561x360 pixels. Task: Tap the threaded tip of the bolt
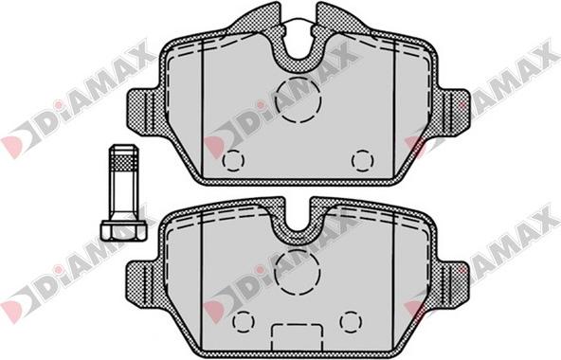[123, 157]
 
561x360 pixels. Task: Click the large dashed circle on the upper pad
[299, 99]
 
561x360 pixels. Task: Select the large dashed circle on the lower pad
[298, 272]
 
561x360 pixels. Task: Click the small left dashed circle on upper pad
[233, 160]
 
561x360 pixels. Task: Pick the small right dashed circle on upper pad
[362, 160]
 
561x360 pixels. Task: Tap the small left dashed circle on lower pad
[244, 321]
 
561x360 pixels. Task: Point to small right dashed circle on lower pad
[351, 321]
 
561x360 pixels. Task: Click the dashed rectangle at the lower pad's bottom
[298, 337]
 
